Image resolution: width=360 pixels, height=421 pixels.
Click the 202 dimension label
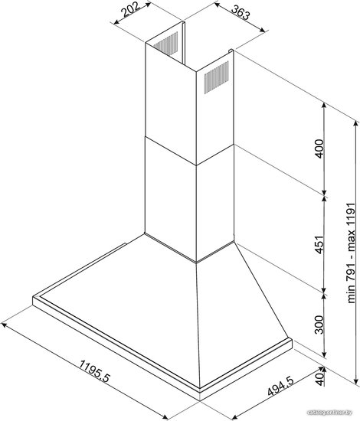(x=130, y=10)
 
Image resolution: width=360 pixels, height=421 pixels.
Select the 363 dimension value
(x=241, y=12)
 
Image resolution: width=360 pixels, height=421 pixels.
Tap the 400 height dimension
(x=319, y=148)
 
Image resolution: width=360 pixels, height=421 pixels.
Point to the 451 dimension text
(x=319, y=245)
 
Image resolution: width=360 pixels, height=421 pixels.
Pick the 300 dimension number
(x=319, y=325)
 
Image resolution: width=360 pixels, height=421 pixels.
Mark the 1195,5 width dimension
(x=95, y=371)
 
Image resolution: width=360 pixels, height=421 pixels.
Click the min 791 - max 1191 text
(x=352, y=253)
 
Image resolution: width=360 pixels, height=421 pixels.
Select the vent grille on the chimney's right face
(x=217, y=77)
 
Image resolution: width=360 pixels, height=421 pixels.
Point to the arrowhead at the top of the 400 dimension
(x=324, y=106)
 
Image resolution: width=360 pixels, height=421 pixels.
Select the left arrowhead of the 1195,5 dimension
(x=4, y=325)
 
